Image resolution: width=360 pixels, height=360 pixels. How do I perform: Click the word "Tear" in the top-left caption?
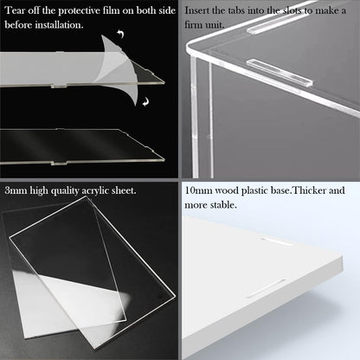[15, 10]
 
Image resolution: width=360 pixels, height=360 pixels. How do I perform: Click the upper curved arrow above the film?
[121, 34]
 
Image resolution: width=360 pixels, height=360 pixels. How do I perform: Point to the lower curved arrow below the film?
[145, 101]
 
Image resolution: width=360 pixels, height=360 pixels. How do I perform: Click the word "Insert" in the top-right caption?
[197, 10]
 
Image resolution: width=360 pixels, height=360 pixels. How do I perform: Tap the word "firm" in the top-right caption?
[194, 25]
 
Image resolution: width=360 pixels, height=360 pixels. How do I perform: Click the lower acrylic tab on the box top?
[280, 73]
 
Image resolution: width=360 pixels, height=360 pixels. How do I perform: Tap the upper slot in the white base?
[277, 242]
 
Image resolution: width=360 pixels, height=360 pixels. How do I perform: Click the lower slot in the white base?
[267, 288]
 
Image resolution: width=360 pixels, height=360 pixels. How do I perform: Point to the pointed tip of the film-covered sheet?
[164, 82]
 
